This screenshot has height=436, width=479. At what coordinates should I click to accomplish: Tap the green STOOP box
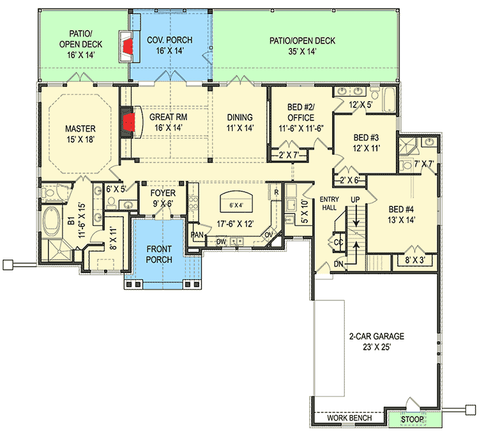click(412, 419)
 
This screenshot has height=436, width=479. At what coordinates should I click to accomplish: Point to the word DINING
click(240, 118)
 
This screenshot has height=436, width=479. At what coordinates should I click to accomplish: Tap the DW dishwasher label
click(220, 242)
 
